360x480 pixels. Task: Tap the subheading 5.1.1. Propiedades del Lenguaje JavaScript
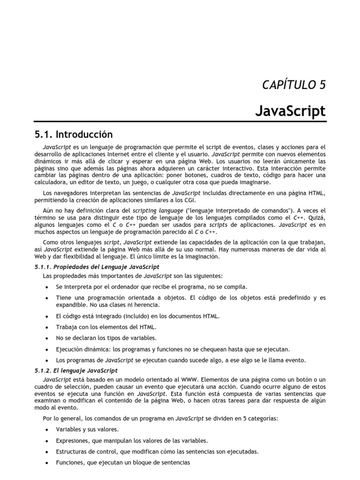pos(97,267)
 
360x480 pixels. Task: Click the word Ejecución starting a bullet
pos(70,349)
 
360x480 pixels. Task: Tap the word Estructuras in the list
pos(73,452)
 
